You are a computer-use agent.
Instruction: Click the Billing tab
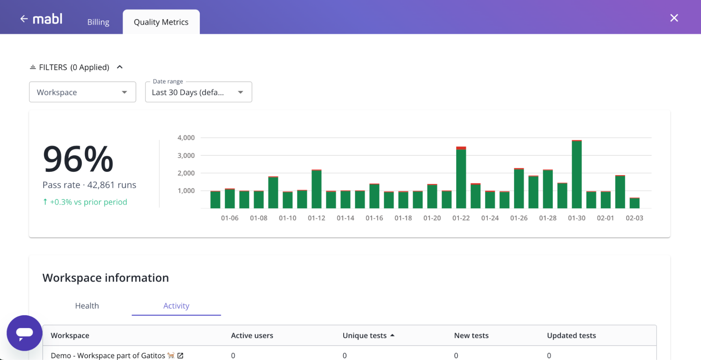coord(98,22)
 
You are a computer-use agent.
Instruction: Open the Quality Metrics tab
coord(161,22)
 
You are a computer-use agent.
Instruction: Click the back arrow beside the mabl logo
coord(24,19)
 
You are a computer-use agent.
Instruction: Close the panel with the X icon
coord(674,18)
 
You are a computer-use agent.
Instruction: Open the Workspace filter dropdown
coord(82,92)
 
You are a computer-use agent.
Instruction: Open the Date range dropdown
coord(198,92)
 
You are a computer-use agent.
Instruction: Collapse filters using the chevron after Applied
coord(120,67)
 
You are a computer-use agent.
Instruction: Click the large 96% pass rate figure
coord(78,159)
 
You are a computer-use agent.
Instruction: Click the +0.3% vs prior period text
coord(88,202)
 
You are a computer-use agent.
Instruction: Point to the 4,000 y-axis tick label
coord(186,138)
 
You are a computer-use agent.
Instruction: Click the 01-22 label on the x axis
coord(461,218)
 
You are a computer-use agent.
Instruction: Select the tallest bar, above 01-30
coord(577,175)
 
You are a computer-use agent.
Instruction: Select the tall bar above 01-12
coord(316,189)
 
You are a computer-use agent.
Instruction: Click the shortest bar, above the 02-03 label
coord(634,203)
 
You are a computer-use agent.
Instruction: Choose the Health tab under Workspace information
coord(87,306)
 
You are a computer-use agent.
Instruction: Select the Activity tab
coord(176,306)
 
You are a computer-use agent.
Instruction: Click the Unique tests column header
coord(364,335)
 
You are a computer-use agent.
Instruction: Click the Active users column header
coord(252,335)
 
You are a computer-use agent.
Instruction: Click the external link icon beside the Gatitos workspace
coord(180,355)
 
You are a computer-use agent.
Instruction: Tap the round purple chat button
coord(25,333)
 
